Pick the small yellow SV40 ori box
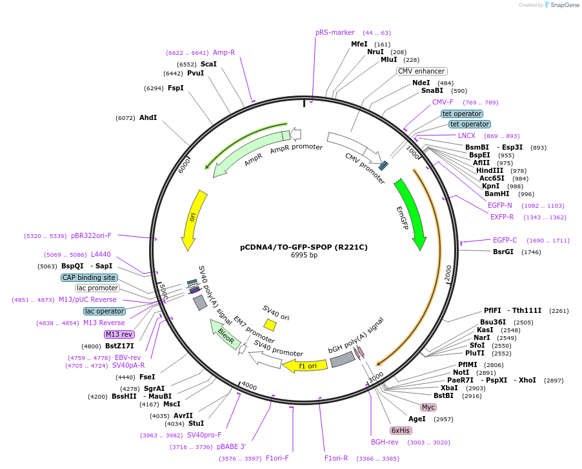pyautogui.click(x=270, y=324)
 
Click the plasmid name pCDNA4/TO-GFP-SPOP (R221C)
pyautogui.click(x=304, y=246)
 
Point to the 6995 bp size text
pyautogui.click(x=304, y=255)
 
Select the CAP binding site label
pyautogui.click(x=89, y=277)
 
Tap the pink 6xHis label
pyautogui.click(x=400, y=430)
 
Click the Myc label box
pyautogui.click(x=428, y=407)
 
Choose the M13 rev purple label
pyautogui.click(x=119, y=334)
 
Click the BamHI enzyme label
pyautogui.click(x=496, y=194)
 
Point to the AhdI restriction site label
pyautogui.click(x=148, y=118)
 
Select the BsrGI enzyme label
pyautogui.click(x=503, y=252)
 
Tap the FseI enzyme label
pyautogui.click(x=147, y=377)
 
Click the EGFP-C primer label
pyautogui.click(x=505, y=240)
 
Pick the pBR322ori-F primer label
pyautogui.click(x=91, y=236)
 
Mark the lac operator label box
pyautogui.click(x=104, y=311)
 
